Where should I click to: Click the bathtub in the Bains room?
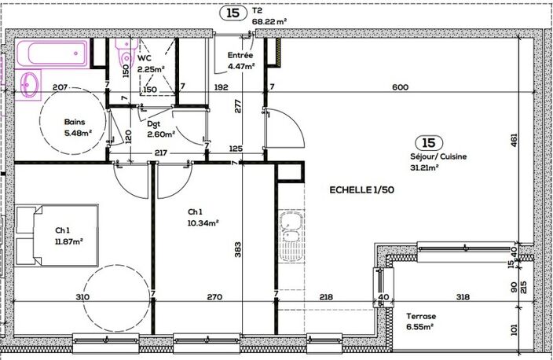pos(53,53)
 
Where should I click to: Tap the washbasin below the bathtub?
pos(29,85)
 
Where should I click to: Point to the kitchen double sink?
pos(291,236)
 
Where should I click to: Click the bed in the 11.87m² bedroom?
pos(57,235)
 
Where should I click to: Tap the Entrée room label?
pos(240,55)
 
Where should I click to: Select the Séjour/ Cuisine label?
pos(438,156)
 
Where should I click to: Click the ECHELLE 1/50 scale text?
pos(362,190)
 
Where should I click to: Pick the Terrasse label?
pos(421,316)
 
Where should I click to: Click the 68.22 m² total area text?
pos(269,22)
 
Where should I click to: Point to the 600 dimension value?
pos(401,86)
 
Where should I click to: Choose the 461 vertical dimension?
pos(514,140)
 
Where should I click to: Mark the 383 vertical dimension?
pos(238,249)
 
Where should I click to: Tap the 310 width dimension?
pos(82,297)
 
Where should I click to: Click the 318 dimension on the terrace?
pos(463,297)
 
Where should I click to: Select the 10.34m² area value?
pos(203,223)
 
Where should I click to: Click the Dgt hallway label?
pos(154,123)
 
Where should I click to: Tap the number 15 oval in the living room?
pos(429,143)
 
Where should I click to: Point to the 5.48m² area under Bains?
pos(78,133)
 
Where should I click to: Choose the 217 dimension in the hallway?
pos(161,153)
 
